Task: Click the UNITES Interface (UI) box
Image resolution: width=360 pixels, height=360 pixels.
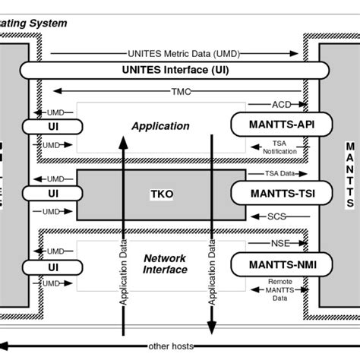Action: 179,70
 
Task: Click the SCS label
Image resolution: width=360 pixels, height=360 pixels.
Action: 276,216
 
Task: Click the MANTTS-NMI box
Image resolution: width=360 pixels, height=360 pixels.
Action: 271,264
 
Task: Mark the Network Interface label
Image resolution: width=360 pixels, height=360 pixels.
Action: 165,264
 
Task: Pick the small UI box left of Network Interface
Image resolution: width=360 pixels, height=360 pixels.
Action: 53,267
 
